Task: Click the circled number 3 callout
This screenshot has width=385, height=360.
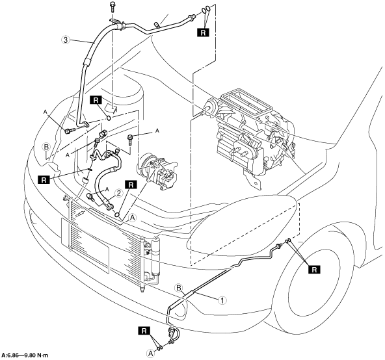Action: tap(65, 40)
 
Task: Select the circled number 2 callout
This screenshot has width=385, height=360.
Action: tap(118, 194)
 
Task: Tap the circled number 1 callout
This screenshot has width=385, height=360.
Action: tap(222, 300)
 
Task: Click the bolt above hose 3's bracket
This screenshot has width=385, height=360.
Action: tap(113, 7)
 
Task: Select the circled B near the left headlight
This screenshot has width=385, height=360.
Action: tap(46, 147)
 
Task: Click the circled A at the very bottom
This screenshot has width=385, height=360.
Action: tap(150, 354)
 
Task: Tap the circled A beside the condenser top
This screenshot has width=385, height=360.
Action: tap(133, 218)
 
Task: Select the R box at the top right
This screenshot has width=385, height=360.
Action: tap(203, 32)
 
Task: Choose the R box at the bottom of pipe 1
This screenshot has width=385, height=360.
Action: tap(144, 331)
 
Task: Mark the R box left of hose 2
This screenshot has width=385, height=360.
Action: tap(44, 179)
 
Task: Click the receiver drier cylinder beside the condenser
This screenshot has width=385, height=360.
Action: tap(155, 256)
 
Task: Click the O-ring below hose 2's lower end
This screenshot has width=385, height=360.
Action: tap(118, 214)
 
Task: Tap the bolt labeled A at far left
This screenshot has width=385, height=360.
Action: tap(68, 131)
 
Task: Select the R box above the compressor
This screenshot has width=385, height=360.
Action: tap(131, 185)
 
